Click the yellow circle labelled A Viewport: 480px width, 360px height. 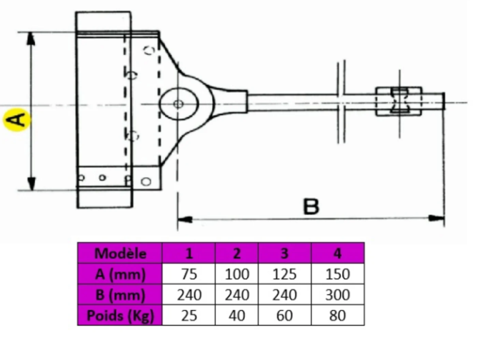pyautogui.click(x=17, y=120)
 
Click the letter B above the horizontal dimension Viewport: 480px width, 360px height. pyautogui.click(x=311, y=206)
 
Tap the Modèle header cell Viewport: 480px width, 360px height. pyautogui.click(x=120, y=253)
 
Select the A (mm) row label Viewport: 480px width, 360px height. pyautogui.click(x=120, y=274)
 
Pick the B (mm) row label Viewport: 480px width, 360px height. pyautogui.click(x=120, y=295)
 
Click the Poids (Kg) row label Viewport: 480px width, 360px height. pyautogui.click(x=120, y=315)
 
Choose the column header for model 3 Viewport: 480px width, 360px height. pyautogui.click(x=285, y=253)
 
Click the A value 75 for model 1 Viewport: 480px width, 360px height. pyautogui.click(x=189, y=274)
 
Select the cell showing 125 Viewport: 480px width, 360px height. pyautogui.click(x=285, y=274)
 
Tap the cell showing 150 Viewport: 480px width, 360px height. pyautogui.click(x=338, y=274)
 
